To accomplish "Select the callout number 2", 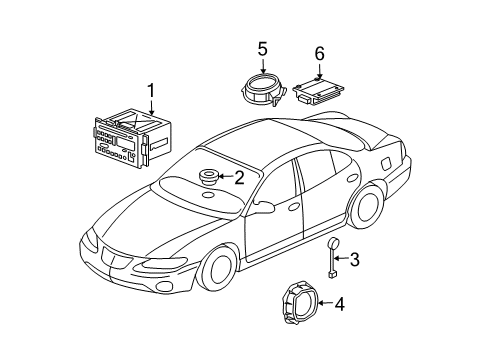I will [239, 178].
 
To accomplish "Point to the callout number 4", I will [340, 303].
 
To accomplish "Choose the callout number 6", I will [320, 53].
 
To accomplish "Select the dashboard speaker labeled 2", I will [208, 178].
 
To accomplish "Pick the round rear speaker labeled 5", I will [264, 88].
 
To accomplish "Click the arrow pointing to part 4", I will [322, 303].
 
